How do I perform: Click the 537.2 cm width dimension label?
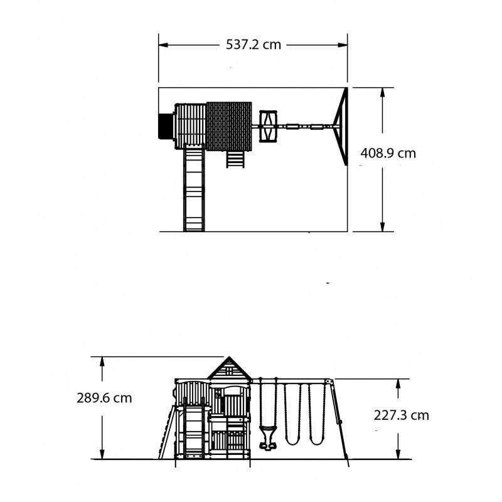(x=254, y=45)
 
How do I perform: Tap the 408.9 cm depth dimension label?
(x=388, y=153)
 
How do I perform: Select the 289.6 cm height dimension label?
(x=104, y=398)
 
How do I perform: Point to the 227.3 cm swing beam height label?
(x=401, y=415)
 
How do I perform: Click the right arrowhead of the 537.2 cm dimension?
(x=343, y=45)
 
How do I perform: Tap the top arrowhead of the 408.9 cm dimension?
(x=382, y=92)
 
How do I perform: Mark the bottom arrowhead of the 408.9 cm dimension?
(x=382, y=227)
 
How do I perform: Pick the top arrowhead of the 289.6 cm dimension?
(x=102, y=362)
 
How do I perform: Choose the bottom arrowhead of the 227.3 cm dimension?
(x=398, y=454)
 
